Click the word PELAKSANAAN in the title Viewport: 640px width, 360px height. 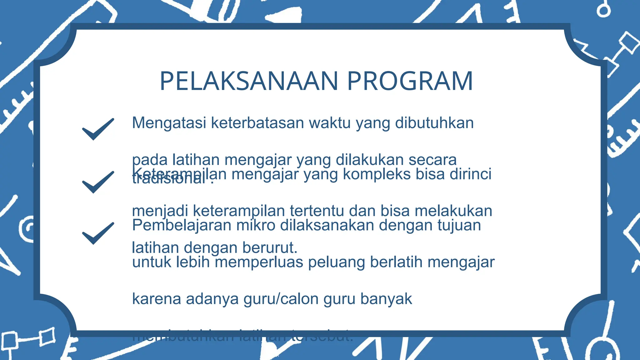(x=249, y=81)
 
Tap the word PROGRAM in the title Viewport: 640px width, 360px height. (x=410, y=81)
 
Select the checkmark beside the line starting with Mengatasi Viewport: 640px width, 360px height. (x=98, y=129)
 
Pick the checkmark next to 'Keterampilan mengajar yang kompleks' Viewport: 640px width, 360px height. (x=98, y=182)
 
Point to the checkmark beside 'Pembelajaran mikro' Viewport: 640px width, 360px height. (x=98, y=233)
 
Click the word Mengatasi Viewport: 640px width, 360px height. (x=169, y=123)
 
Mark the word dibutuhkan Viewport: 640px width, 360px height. (x=434, y=123)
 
